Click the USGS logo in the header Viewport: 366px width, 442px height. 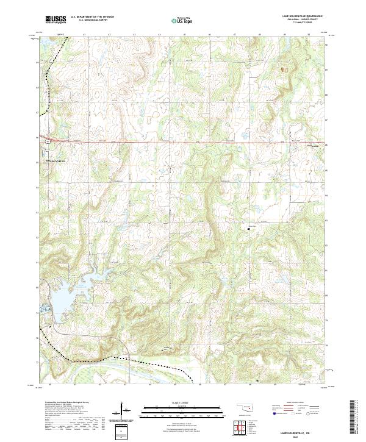pyautogui.click(x=56, y=20)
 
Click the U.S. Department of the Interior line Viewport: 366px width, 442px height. pyautogui.click(x=92, y=17)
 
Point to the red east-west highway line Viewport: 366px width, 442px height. pyautogui.click(x=183, y=143)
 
